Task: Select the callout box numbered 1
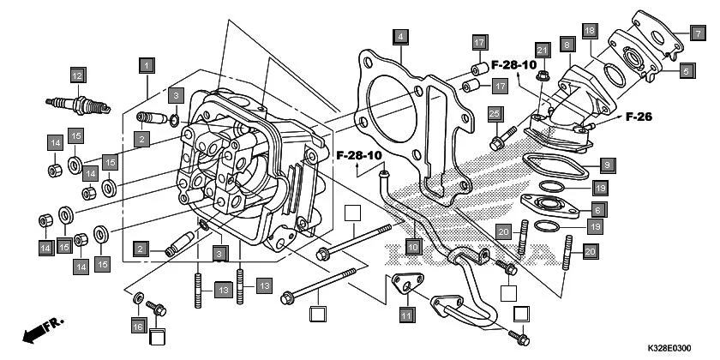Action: pyautogui.click(x=147, y=65)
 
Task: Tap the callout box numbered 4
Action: pyautogui.click(x=399, y=36)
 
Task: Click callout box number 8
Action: pyautogui.click(x=567, y=44)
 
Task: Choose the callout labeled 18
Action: pyautogui.click(x=590, y=31)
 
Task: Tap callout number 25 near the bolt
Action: pyautogui.click(x=495, y=114)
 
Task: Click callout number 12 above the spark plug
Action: pyautogui.click(x=77, y=75)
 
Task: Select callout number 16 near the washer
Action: pyautogui.click(x=138, y=326)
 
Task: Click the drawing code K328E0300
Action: pyautogui.click(x=670, y=348)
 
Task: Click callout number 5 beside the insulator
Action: pyautogui.click(x=687, y=72)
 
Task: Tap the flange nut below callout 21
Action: pyautogui.click(x=541, y=80)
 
